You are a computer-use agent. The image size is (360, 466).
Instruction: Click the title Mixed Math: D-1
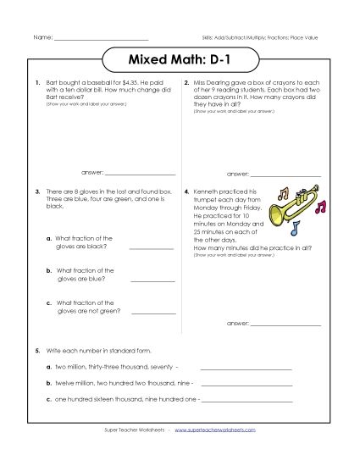[x=179, y=62]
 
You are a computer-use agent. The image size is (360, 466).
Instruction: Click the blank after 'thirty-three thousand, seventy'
[x=246, y=369]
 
